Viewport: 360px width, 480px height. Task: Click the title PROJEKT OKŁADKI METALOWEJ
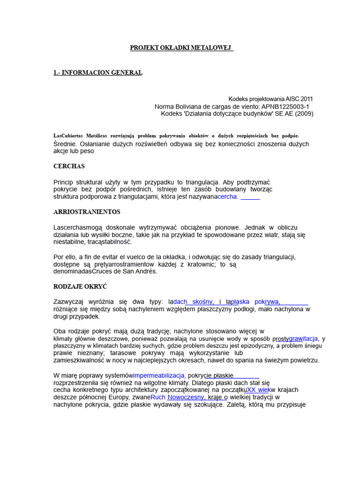[x=180, y=48]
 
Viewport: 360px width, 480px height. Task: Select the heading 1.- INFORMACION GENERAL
[x=97, y=72]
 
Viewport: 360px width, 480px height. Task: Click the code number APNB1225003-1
[x=285, y=106]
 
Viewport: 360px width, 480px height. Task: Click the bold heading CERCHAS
[x=69, y=166]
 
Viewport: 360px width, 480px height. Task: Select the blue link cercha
[x=227, y=197]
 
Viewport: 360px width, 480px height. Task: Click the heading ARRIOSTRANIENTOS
[x=87, y=212]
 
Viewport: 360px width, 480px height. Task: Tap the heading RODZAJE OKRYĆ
[x=81, y=286]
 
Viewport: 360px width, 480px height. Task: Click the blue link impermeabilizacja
[x=159, y=375]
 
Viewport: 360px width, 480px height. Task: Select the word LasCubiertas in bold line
[x=68, y=135]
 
